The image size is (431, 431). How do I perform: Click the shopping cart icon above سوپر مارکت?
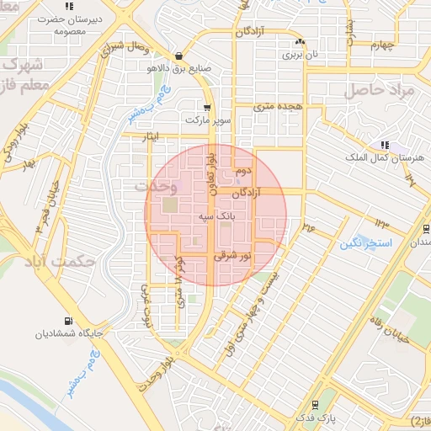[x=207, y=108]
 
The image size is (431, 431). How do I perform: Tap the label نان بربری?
[x=301, y=55]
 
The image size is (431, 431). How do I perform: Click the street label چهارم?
[x=381, y=45]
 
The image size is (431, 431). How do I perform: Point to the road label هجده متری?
[x=278, y=106]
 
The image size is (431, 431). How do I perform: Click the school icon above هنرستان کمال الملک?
[x=384, y=145]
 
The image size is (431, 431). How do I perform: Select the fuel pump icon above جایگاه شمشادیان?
[x=67, y=321]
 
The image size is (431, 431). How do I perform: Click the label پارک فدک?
[x=315, y=417]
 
